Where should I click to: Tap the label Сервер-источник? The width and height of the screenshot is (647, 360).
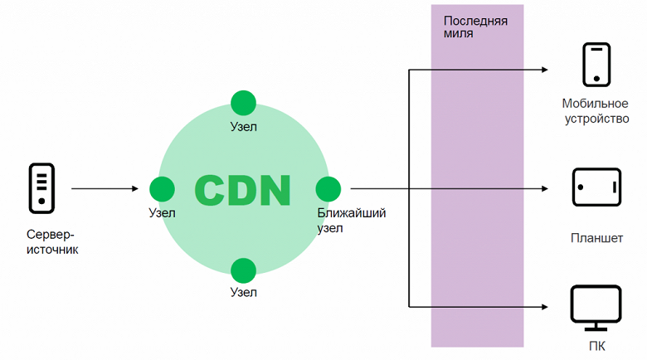(x=51, y=241)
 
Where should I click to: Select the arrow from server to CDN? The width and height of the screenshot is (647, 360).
(x=105, y=189)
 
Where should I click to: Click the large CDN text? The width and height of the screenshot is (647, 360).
(x=243, y=190)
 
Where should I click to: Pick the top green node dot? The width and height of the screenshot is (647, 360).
(x=243, y=103)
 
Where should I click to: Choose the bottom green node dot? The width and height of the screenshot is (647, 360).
(x=243, y=270)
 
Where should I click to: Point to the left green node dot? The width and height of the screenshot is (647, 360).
(x=162, y=189)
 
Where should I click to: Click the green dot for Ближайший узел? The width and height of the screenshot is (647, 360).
(x=328, y=189)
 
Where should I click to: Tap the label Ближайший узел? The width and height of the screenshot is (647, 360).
(x=351, y=221)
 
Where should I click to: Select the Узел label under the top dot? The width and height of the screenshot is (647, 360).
(x=243, y=127)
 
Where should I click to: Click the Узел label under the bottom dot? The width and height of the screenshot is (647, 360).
(x=243, y=292)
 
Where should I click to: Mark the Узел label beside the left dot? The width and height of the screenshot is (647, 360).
(x=162, y=213)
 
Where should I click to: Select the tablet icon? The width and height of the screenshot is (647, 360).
(x=596, y=187)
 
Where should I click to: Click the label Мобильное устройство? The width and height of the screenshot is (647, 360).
(x=595, y=111)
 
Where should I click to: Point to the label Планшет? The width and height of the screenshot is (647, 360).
(x=596, y=239)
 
